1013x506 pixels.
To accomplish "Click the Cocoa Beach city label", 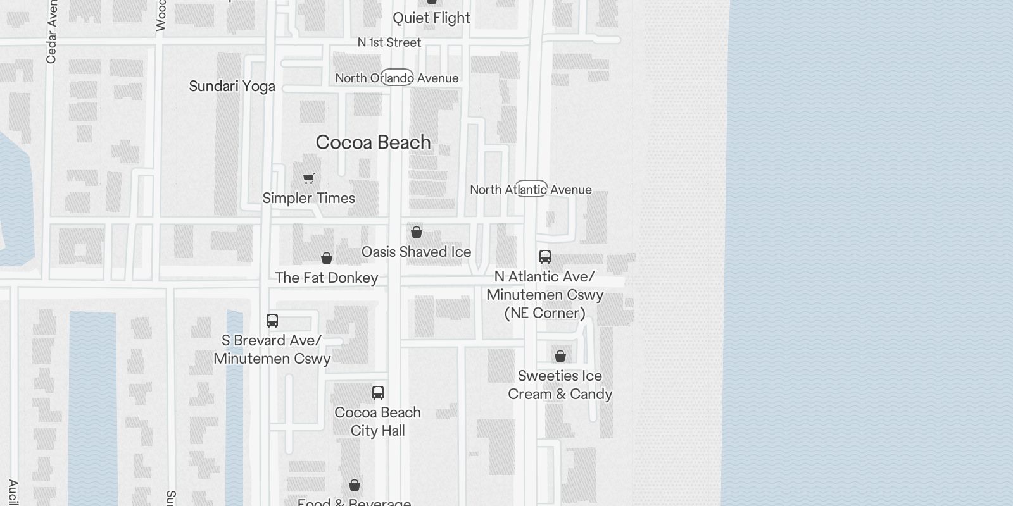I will coord(373,142).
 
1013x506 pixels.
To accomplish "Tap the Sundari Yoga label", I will coord(232,86).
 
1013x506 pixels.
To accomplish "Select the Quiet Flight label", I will coord(431,18).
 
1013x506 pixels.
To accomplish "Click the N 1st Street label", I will coord(389,42).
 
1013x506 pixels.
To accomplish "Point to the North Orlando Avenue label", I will coord(397,78).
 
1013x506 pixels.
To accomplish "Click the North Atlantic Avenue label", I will coord(531,189).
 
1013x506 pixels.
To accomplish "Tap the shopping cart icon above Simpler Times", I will coord(308,178).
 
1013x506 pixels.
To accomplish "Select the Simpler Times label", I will coord(308,198).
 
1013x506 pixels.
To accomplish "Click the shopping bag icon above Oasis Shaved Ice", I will coord(417,232).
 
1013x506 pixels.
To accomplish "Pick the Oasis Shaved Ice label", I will coord(416,252).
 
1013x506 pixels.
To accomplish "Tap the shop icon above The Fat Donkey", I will coord(327,258).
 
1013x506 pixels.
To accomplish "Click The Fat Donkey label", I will coord(326,278).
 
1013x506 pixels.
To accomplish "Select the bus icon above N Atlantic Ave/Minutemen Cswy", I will coord(545,256).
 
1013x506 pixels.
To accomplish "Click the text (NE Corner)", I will coord(544,313).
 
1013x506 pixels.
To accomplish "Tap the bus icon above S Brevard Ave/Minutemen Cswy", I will coord(272,320).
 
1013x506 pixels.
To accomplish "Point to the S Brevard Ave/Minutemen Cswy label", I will coord(272,349).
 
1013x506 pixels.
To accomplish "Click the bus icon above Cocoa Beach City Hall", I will coord(378,392).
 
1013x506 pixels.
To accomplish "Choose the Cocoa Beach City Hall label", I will coord(377,421).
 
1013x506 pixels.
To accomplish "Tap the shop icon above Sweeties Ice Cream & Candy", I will coord(560,356).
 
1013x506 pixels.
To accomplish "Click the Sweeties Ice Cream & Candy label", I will coord(560,385).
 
